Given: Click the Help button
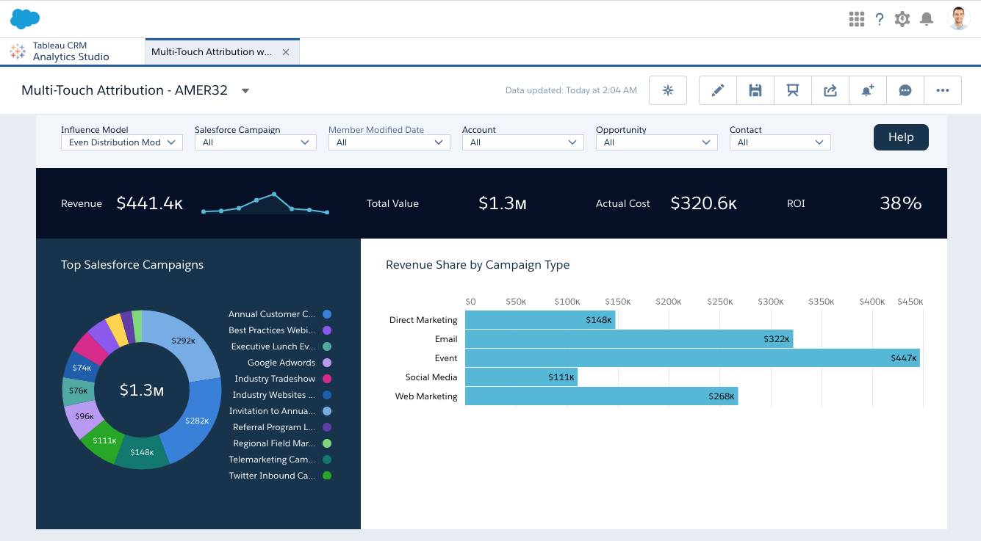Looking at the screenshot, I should [x=900, y=137].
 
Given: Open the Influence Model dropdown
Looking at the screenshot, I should [x=121, y=142].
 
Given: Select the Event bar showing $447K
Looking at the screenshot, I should [x=691, y=358].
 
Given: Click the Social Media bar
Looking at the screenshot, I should [x=520, y=377].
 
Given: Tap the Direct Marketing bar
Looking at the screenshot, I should [x=539, y=320].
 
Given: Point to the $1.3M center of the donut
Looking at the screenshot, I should [x=142, y=391].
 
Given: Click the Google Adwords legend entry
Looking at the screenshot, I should [x=281, y=363].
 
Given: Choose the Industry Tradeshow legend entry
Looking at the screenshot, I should [x=274, y=379].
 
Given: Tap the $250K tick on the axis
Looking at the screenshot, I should [x=720, y=302].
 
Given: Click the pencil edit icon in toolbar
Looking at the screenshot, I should [x=718, y=90].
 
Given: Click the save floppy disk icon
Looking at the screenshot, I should [x=755, y=90].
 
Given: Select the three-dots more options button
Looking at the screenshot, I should [x=942, y=90].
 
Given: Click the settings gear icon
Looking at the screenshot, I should [x=902, y=19].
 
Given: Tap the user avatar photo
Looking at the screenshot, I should [x=958, y=19].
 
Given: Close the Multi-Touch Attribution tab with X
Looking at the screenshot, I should [x=286, y=52].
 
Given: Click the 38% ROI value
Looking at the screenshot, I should [x=900, y=203].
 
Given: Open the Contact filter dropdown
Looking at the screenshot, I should [x=780, y=142].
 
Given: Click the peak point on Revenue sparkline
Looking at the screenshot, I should [x=274, y=195].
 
